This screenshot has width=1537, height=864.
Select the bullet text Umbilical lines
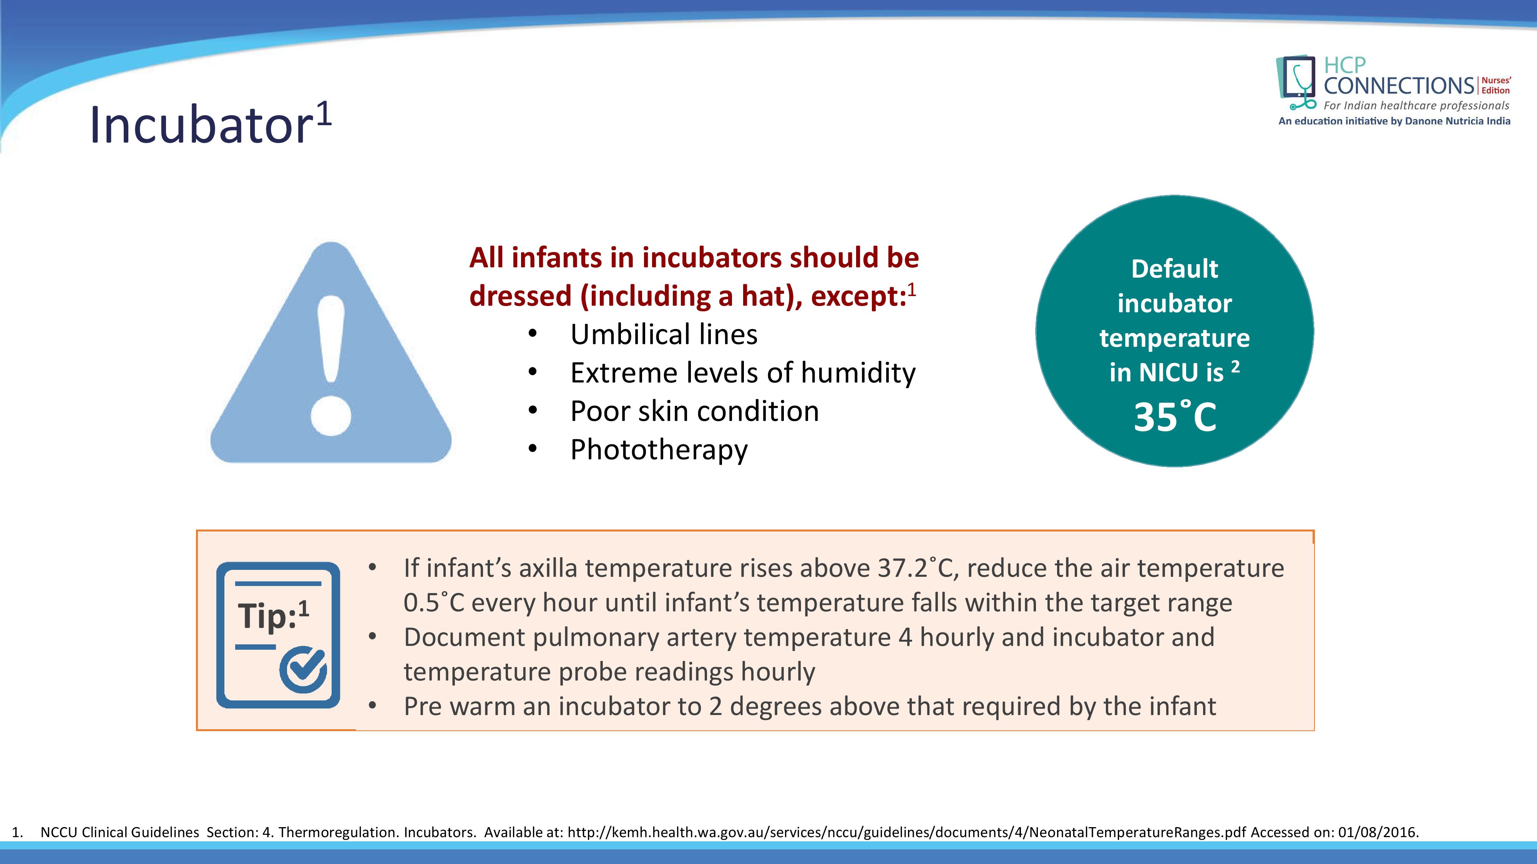click(x=664, y=334)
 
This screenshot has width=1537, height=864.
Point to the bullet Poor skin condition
click(x=694, y=411)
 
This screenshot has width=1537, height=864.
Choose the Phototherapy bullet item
click(x=659, y=450)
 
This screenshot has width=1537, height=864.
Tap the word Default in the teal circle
click(x=1174, y=269)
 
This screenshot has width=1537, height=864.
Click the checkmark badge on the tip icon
click(x=303, y=670)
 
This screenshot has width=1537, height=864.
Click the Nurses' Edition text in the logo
click(x=1496, y=85)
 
